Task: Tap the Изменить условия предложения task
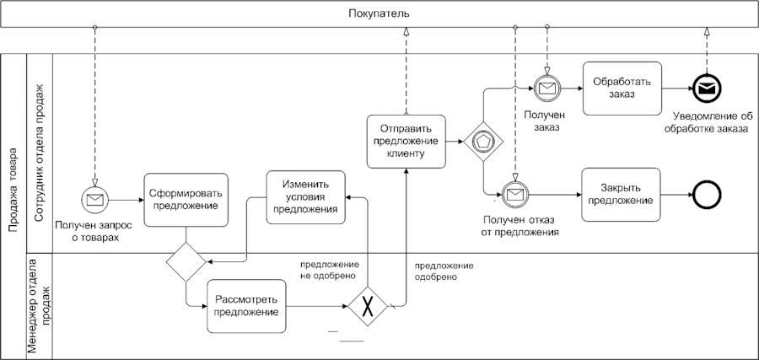point(306,197)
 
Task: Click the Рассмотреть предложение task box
point(246,306)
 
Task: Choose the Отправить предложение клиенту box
point(406,141)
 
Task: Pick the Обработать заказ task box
point(622,88)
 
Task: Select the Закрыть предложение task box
point(621,194)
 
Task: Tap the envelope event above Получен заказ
point(546,88)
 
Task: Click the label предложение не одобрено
point(330,270)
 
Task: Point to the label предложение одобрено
point(444,271)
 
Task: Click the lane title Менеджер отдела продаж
point(40,306)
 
